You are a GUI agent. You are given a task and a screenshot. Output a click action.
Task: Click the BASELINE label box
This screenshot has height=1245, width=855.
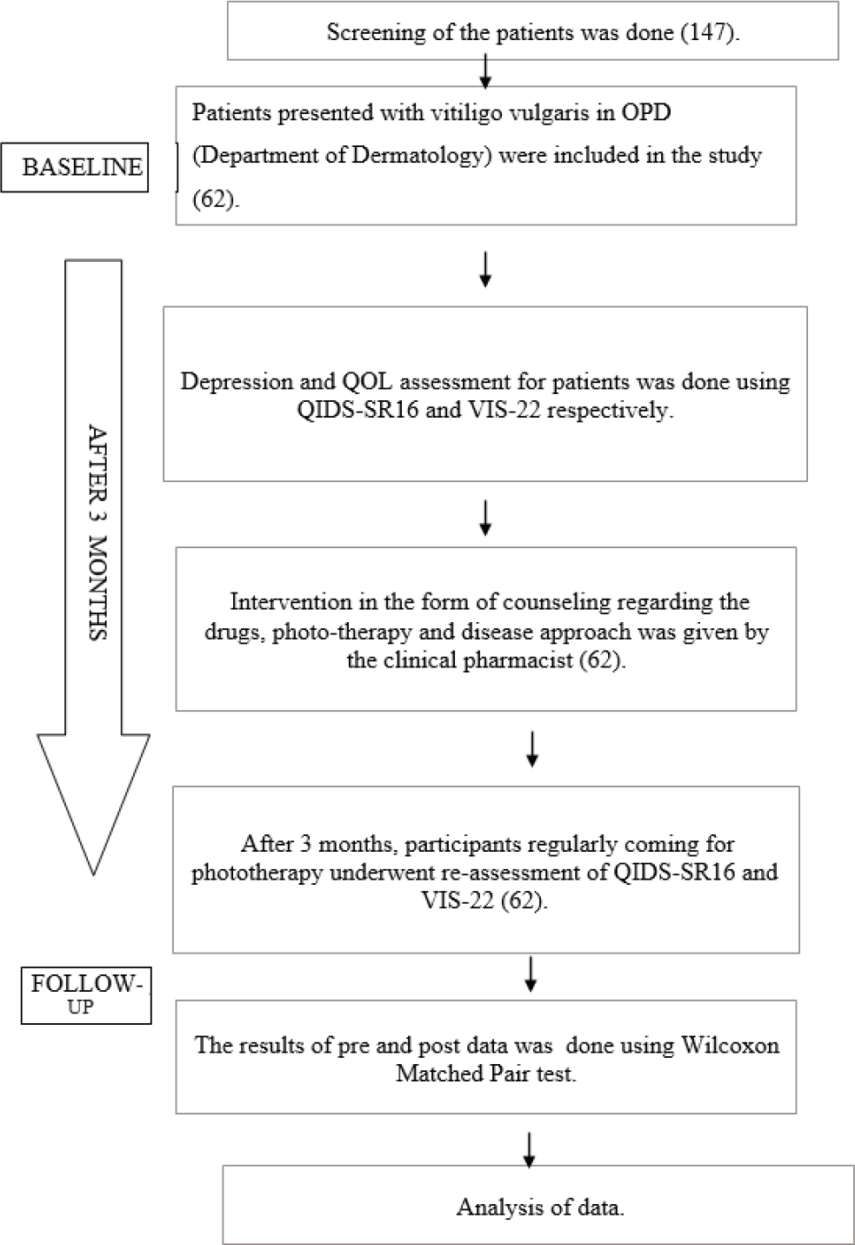(75, 167)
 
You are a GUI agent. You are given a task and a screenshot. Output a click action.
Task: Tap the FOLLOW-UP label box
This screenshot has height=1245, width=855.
(86, 995)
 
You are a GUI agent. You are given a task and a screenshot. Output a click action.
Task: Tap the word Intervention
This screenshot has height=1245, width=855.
(291, 602)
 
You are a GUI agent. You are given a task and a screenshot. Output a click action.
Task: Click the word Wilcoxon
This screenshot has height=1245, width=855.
(730, 1046)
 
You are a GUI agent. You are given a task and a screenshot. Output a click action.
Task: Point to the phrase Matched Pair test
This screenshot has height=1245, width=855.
(485, 1074)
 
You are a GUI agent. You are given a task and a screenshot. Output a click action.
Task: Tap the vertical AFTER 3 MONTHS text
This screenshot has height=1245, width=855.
(97, 532)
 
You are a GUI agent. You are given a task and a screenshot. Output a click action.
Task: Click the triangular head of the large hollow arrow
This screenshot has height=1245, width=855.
(93, 804)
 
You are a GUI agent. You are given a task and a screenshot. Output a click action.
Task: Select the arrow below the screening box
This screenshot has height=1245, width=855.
(485, 71)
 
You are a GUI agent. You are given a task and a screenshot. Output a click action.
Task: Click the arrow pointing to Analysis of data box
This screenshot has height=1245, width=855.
(529, 1151)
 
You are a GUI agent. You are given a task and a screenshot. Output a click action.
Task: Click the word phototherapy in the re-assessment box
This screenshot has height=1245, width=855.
(257, 873)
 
